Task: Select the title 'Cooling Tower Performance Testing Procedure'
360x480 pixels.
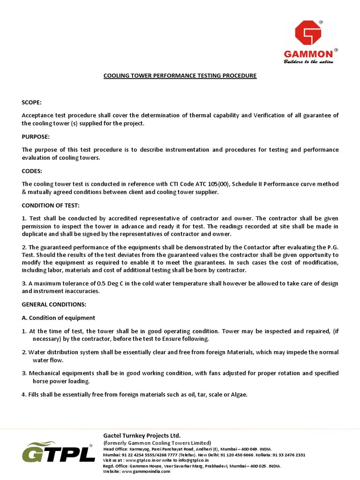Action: pyautogui.click(x=180, y=75)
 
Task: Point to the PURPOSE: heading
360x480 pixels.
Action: pyautogui.click(x=36, y=136)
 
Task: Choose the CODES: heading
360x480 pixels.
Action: pyautogui.click(x=32, y=171)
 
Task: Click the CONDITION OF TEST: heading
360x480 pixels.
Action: pyautogui.click(x=51, y=205)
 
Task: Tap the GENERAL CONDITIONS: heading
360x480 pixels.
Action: pyautogui.click(x=54, y=304)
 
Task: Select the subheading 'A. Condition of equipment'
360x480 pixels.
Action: pyautogui.click(x=59, y=318)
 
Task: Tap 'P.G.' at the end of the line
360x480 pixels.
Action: pyautogui.click(x=331, y=247)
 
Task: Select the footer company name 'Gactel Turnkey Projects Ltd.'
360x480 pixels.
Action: pyautogui.click(x=142, y=435)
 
